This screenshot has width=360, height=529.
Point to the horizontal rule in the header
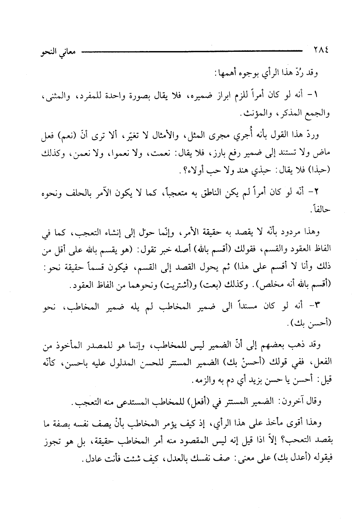click(x=190, y=50)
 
